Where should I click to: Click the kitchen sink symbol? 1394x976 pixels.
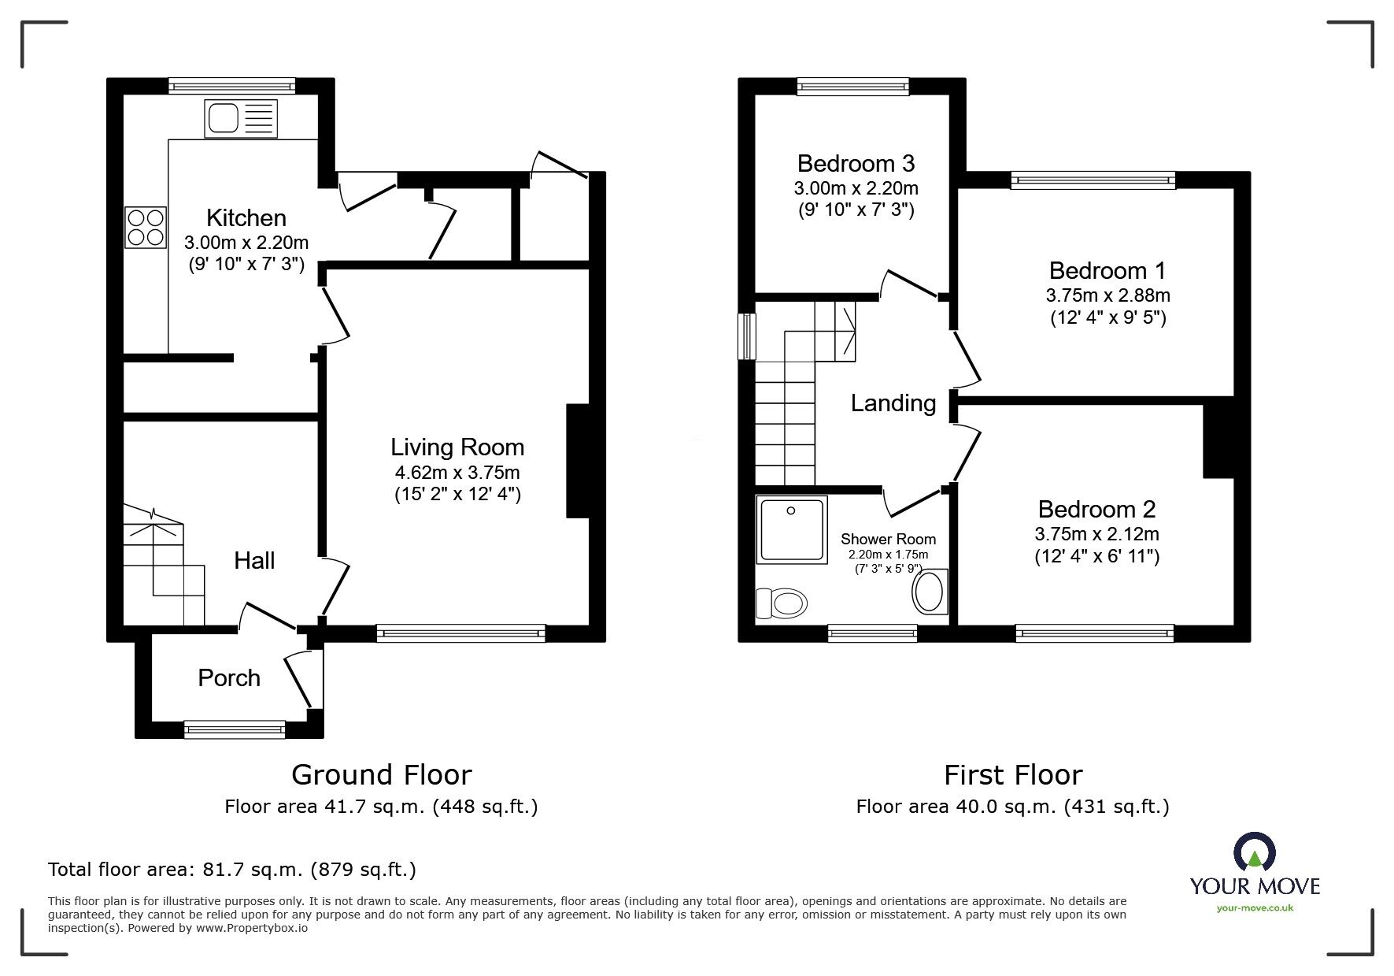pos(241,119)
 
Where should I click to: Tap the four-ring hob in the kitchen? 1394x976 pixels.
pos(146,227)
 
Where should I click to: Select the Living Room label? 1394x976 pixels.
pos(457,447)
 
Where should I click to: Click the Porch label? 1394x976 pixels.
pos(229,678)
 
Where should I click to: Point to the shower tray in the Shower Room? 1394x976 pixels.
pos(792,529)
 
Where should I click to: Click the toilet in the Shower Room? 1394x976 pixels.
pos(782,604)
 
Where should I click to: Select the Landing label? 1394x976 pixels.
pos(893,403)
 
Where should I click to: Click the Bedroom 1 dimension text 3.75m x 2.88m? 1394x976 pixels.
pos(1107,295)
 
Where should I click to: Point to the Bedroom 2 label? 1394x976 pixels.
pos(1096,509)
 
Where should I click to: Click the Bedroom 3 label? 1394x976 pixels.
pos(856,163)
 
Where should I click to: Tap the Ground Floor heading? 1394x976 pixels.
pos(381,775)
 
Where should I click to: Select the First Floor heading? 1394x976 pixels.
pos(1013,775)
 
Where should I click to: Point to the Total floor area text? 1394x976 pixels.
pos(232,870)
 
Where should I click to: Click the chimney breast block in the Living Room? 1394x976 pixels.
pos(578,461)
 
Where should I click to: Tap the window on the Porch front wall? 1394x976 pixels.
pos(235,730)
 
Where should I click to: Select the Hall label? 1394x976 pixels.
pos(254,561)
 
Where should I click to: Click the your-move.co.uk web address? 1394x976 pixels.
pos(1255,908)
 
